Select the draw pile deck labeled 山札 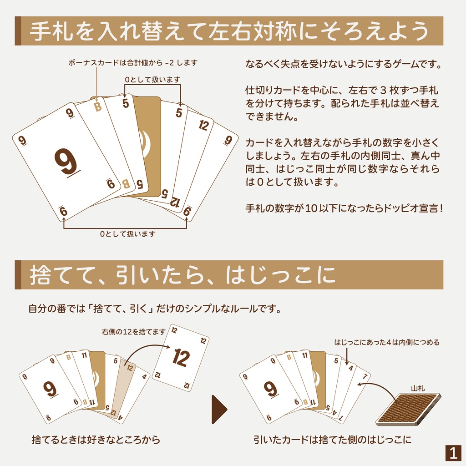(x=408, y=409)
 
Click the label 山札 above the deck (x=418, y=388)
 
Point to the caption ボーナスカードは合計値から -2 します (x=133, y=62)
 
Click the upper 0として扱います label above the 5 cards (x=152, y=80)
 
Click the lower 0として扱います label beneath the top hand (x=128, y=234)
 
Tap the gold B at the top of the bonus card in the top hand (x=97, y=107)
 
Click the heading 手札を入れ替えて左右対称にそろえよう (x=229, y=31)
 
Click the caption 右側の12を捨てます (x=133, y=332)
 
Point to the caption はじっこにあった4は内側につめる (x=387, y=342)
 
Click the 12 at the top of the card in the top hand (x=203, y=126)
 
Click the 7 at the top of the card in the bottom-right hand (x=365, y=377)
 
